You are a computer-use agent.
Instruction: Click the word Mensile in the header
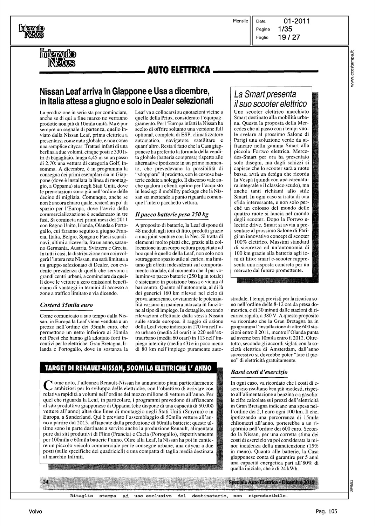click(x=240, y=21)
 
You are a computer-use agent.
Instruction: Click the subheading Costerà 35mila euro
click(x=67, y=305)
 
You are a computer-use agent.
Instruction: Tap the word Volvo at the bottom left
click(x=35, y=511)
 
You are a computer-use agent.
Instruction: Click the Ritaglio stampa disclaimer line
click(x=179, y=496)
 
